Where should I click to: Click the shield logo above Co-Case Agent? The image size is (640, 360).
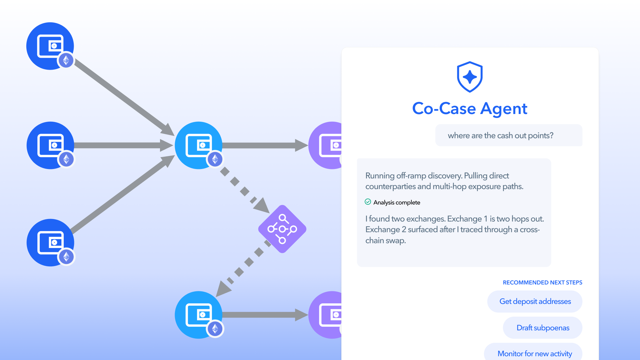click(x=470, y=77)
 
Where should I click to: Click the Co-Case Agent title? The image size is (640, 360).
click(x=470, y=109)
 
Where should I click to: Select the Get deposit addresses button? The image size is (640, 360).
click(x=535, y=301)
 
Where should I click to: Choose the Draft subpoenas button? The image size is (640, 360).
click(x=543, y=328)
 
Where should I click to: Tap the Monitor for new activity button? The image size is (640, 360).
click(x=533, y=353)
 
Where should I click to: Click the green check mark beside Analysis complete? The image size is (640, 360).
click(x=368, y=202)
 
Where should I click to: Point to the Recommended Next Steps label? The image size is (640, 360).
click(x=542, y=283)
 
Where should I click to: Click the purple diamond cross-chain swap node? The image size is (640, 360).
click(x=282, y=229)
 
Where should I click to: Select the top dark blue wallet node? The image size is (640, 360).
click(x=50, y=46)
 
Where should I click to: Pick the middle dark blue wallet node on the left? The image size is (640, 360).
click(x=50, y=145)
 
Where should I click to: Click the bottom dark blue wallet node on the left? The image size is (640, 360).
click(x=50, y=243)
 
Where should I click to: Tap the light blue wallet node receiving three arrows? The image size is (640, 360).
click(x=199, y=145)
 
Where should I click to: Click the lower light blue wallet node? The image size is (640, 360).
click(x=199, y=315)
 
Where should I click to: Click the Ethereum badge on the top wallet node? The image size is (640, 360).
click(x=66, y=60)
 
